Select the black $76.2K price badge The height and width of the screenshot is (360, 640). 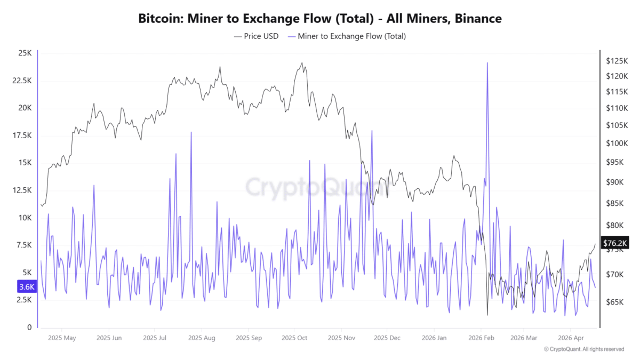click(614, 243)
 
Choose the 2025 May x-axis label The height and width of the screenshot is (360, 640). click(62, 338)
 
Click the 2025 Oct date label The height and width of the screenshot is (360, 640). click(294, 338)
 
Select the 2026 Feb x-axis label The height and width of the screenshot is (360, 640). click(480, 338)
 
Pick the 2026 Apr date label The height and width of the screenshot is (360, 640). click(571, 338)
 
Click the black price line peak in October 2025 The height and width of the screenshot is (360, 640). click(302, 63)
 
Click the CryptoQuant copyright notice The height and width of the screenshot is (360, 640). click(583, 349)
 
